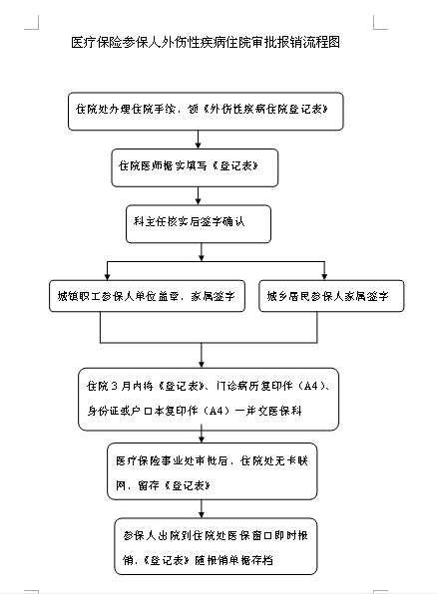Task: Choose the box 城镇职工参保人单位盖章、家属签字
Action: (147, 296)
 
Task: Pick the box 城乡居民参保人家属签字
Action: (334, 296)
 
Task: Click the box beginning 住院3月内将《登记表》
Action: (214, 396)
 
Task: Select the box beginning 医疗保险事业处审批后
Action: (214, 471)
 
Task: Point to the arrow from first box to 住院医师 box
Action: (199, 140)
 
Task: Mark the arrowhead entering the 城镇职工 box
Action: (108, 273)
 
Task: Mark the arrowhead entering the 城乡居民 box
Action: (321, 273)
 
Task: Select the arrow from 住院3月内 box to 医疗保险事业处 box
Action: (203, 433)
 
